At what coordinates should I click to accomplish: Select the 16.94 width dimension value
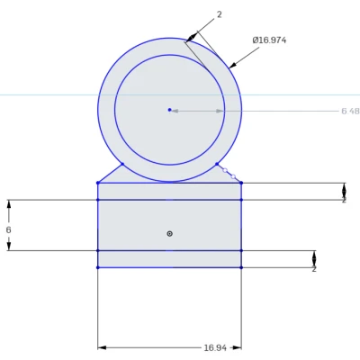point(214,346)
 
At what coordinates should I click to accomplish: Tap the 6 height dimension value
point(8,229)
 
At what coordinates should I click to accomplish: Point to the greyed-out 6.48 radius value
point(350,111)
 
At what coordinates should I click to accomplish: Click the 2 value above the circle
point(219,15)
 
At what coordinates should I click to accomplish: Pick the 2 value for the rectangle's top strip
point(344,199)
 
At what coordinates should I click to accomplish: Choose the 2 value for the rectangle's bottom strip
point(314,268)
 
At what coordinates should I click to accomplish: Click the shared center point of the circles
point(169,110)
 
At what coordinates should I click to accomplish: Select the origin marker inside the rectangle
point(169,233)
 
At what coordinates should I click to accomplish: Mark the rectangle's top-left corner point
point(98,183)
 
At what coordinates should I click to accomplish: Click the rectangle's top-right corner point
point(241,183)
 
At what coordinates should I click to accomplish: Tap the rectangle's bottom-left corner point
point(98,267)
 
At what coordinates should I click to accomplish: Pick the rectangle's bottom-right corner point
point(241,267)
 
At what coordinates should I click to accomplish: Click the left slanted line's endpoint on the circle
point(122,164)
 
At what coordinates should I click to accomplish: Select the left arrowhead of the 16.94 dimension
point(102,346)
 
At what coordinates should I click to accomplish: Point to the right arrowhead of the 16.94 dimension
point(238,346)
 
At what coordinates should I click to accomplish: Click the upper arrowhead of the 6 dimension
point(9,204)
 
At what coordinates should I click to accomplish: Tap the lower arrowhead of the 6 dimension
point(9,246)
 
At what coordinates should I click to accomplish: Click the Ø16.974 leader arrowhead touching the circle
point(232,66)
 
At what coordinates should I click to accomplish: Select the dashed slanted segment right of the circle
point(229,174)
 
